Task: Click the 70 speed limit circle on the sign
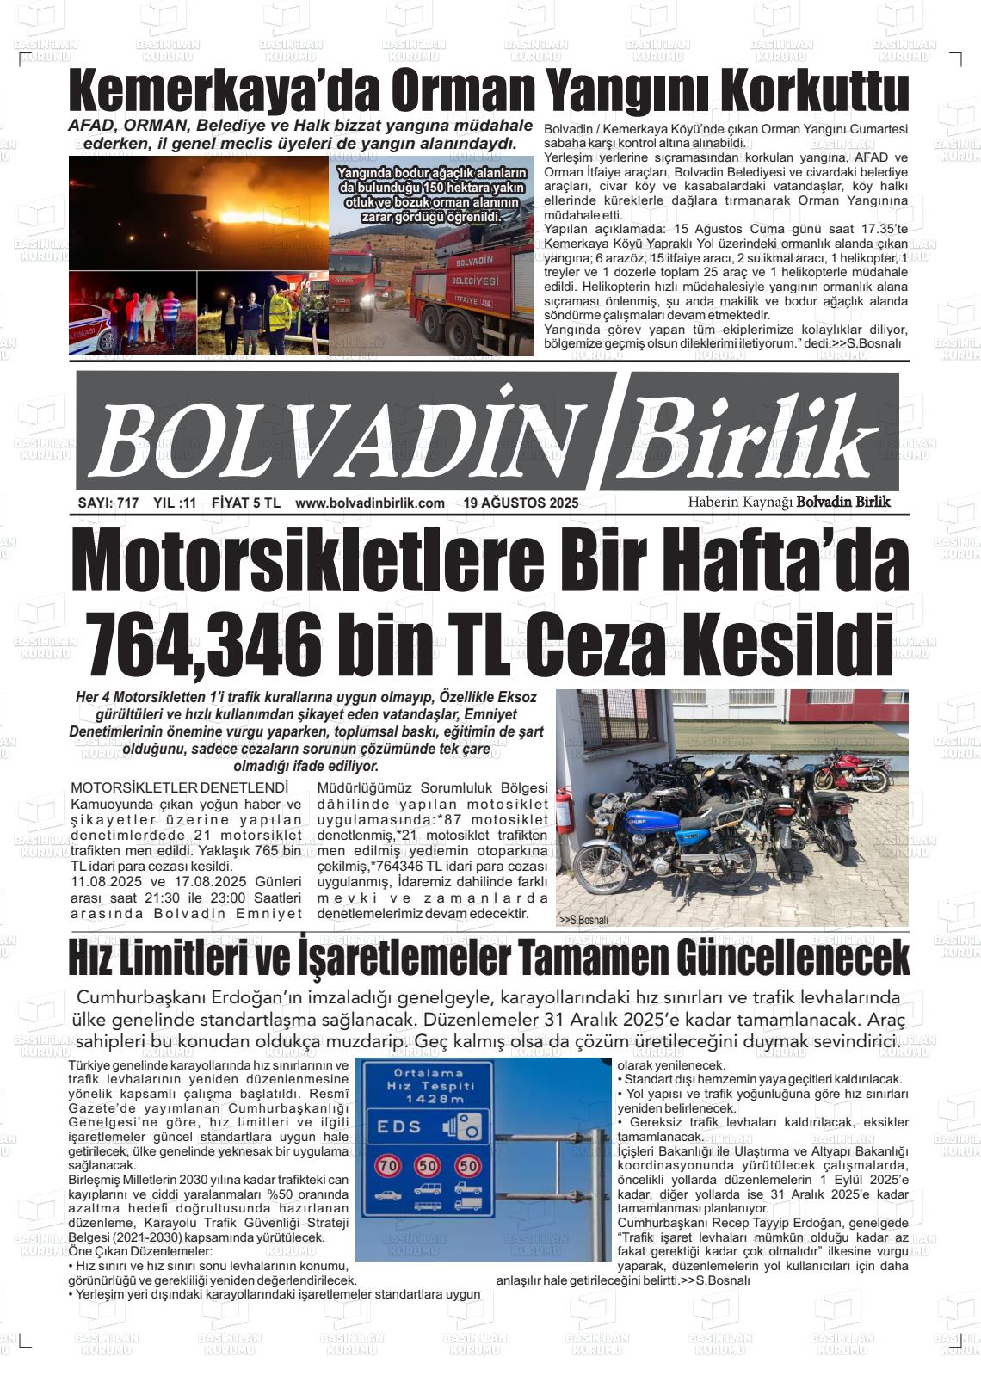click(388, 1166)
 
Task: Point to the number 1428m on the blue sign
click(429, 1099)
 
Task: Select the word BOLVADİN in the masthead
click(344, 441)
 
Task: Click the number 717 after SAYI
click(127, 503)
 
